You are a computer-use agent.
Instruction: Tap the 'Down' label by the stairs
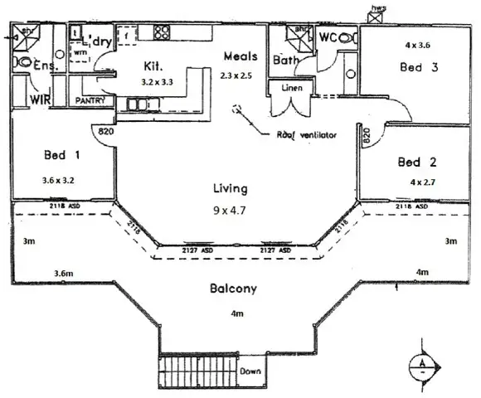click(251, 371)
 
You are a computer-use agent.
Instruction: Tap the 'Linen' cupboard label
click(292, 87)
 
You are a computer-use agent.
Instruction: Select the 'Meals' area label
click(240, 56)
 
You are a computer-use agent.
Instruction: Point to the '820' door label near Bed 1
click(105, 130)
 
